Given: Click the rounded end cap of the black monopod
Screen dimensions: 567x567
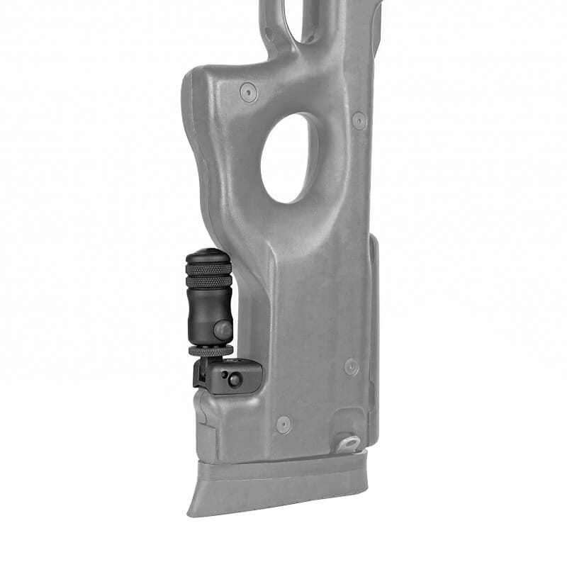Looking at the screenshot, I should pos(208,254).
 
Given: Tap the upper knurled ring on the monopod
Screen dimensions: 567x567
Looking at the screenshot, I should pos(208,267).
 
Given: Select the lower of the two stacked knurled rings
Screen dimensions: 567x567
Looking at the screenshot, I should pos(208,281).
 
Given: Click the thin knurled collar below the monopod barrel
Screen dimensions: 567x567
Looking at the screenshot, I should pos(210,350).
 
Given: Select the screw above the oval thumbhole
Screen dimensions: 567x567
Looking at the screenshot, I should pos(248,91).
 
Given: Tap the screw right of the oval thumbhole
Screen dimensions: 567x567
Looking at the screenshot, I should pos(359,120).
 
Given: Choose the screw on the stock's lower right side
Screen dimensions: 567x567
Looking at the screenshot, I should pos(351,366).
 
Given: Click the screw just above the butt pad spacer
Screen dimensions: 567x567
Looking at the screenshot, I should pos(283,424).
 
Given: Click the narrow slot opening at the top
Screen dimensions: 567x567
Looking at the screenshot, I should pos(301,18).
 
